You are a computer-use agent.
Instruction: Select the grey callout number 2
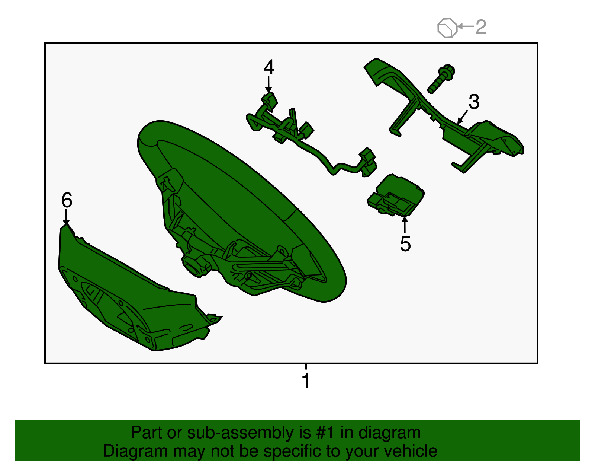click(x=481, y=27)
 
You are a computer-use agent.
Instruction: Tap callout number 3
click(x=474, y=102)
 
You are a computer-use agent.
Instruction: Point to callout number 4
click(x=269, y=67)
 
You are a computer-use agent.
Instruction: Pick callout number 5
click(x=405, y=243)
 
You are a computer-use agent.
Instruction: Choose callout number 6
click(x=67, y=200)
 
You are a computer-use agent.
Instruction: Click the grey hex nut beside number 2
click(x=447, y=28)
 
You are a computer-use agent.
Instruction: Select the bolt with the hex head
click(x=441, y=79)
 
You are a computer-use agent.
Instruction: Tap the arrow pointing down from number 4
click(x=268, y=84)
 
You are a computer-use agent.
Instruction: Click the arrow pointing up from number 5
click(x=405, y=224)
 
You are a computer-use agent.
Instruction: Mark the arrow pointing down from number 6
click(x=66, y=217)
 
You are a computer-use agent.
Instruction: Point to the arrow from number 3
click(x=462, y=117)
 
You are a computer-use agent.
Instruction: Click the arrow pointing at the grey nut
click(x=466, y=26)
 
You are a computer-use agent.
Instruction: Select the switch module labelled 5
click(x=396, y=195)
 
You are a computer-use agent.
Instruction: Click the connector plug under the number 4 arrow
click(x=270, y=102)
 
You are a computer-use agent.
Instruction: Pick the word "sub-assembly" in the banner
click(x=249, y=433)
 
